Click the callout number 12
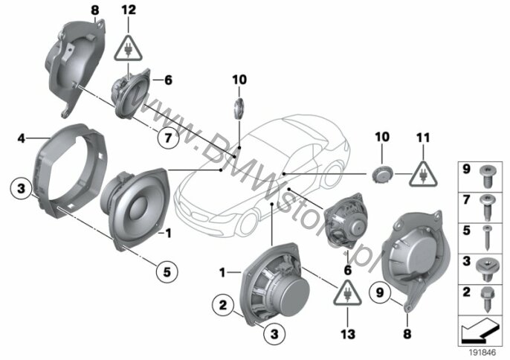click(x=129, y=10)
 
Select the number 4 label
click(x=21, y=138)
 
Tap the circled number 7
click(x=168, y=138)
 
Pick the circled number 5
click(x=167, y=271)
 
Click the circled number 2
click(x=223, y=305)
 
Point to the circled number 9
click(x=380, y=292)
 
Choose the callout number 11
click(x=423, y=138)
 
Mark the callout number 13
click(x=348, y=334)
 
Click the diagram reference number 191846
click(x=482, y=353)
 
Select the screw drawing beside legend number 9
click(x=487, y=176)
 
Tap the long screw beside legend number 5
click(x=486, y=238)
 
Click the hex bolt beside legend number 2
click(x=487, y=300)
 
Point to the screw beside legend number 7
click(x=487, y=207)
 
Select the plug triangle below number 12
click(x=128, y=49)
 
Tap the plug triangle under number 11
click(x=423, y=175)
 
